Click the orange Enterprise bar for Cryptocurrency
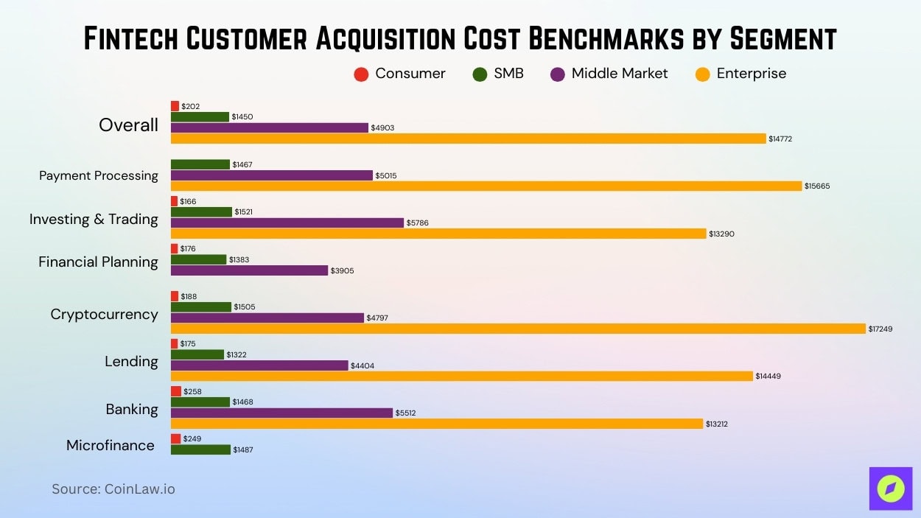518,329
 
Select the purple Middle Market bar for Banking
281,413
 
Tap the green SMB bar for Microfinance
200,449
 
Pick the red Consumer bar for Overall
175,106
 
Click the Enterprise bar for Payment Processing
486,186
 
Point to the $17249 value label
880,329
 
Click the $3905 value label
342,271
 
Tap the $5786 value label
419,223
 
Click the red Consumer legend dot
361,74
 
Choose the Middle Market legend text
619,74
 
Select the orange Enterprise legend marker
702,74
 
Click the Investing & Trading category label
94,219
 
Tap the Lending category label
131,361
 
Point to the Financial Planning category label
98,262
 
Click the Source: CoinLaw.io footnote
113,489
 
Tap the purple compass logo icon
890,489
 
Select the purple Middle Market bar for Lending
259,365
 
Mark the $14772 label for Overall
780,139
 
